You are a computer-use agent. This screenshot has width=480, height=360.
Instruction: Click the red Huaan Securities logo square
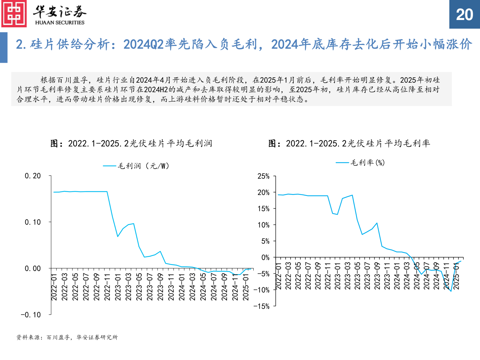(x=14, y=14)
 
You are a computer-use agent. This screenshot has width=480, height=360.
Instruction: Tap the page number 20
(x=464, y=15)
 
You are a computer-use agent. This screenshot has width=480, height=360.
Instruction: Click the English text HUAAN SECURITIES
(x=60, y=23)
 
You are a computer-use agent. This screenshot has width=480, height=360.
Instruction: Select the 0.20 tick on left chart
(x=33, y=176)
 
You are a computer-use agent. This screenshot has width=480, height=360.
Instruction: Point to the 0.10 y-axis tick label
(x=33, y=222)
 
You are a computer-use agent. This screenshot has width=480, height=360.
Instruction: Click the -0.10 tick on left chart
(x=31, y=315)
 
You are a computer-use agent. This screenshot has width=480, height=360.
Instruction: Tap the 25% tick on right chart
(x=263, y=176)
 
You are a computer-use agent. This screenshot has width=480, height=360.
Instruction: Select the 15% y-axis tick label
(x=263, y=209)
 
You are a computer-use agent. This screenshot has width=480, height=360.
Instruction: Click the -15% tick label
(x=262, y=306)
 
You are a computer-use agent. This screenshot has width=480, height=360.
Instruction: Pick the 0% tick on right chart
(x=265, y=257)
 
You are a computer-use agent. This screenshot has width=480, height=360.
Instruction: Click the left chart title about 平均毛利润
(x=131, y=143)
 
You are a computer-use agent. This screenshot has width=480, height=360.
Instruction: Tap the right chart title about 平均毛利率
(x=349, y=143)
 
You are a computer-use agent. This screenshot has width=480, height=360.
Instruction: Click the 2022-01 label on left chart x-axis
(x=54, y=287)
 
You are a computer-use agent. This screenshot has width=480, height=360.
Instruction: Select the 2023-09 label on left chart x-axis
(x=160, y=287)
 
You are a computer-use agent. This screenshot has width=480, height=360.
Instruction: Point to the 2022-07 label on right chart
(x=308, y=276)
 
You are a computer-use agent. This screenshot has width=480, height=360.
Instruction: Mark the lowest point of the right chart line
(x=451, y=291)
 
